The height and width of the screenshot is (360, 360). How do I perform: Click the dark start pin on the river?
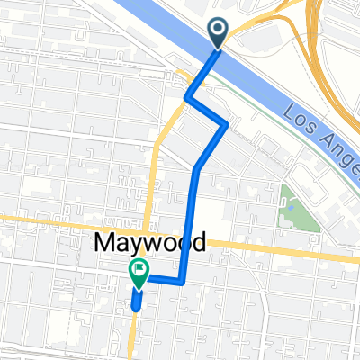pyautogui.click(x=219, y=32)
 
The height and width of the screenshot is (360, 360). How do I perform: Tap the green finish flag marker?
pyautogui.click(x=139, y=274)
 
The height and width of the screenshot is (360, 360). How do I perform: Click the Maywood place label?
pyautogui.click(x=149, y=242)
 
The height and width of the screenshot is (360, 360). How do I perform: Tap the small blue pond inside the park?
pyautogui.click(x=291, y=208)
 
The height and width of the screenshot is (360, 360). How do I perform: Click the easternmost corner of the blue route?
pyautogui.click(x=226, y=125)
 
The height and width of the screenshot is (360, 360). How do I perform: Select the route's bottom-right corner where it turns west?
pyautogui.click(x=183, y=282)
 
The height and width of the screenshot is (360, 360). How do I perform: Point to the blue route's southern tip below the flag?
pyautogui.click(x=136, y=307)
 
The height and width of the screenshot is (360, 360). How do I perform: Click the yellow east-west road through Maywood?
pyautogui.click(x=270, y=250)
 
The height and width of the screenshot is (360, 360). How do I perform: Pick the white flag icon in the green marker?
pyautogui.click(x=139, y=269)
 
